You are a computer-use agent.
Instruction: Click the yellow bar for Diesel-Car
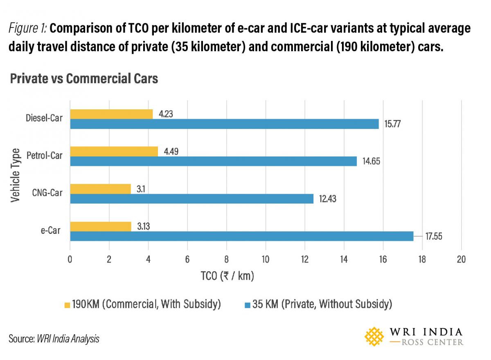(x=111, y=114)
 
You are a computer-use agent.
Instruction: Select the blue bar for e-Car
(x=241, y=236)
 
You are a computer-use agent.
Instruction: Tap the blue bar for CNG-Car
(x=191, y=199)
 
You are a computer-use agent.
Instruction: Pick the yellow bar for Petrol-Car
(x=114, y=152)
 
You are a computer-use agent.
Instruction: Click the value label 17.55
(x=434, y=236)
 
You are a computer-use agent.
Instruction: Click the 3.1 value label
(x=141, y=189)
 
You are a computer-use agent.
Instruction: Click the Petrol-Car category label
(x=44, y=156)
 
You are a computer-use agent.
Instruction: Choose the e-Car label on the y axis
(x=51, y=231)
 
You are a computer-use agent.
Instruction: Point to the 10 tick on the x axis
(x=266, y=259)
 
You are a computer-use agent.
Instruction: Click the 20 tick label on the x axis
(x=461, y=259)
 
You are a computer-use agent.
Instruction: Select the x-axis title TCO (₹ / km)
(x=227, y=276)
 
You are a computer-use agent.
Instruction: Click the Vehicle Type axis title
(x=15, y=175)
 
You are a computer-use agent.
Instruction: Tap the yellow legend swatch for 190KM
(x=67, y=305)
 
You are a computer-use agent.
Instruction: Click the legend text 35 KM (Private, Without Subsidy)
(x=322, y=304)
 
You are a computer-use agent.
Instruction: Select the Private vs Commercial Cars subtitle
(x=84, y=78)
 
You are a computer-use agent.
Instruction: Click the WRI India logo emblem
(x=376, y=336)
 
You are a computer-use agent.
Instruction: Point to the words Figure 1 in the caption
(x=29, y=29)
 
